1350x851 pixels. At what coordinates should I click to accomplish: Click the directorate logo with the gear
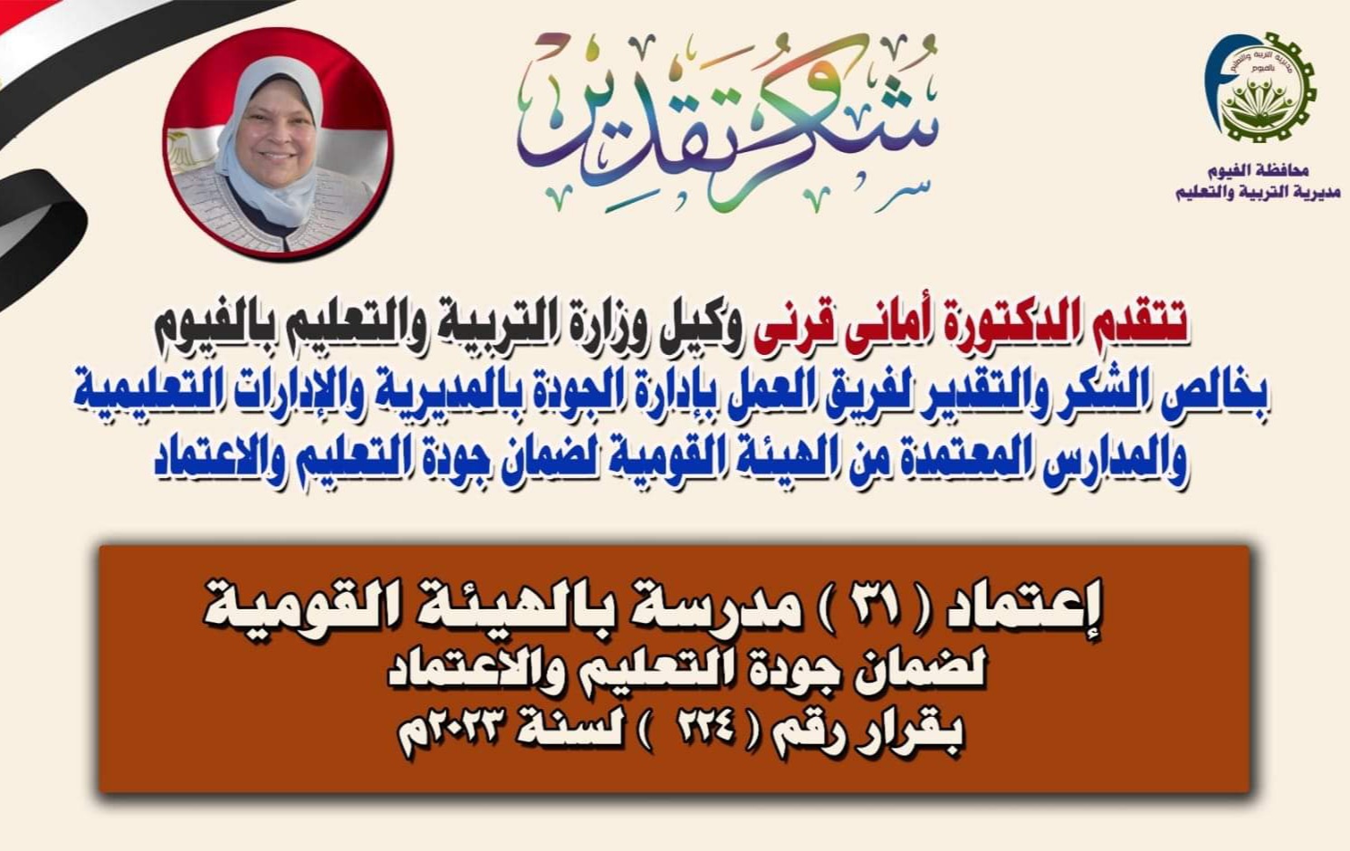[1260, 87]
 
